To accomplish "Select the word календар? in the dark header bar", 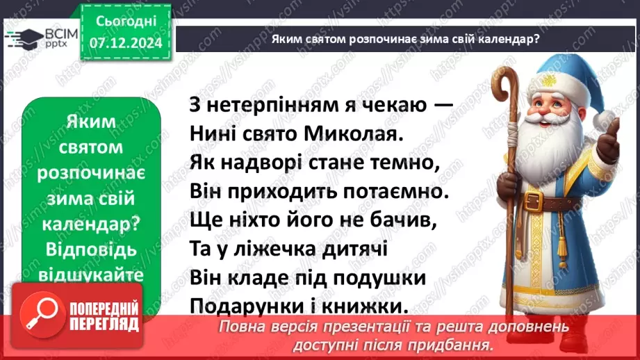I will pyautogui.click(x=506, y=40).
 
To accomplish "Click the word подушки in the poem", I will pyautogui.click(x=381, y=277).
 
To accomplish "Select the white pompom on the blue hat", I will pyautogui.click(x=606, y=117).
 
